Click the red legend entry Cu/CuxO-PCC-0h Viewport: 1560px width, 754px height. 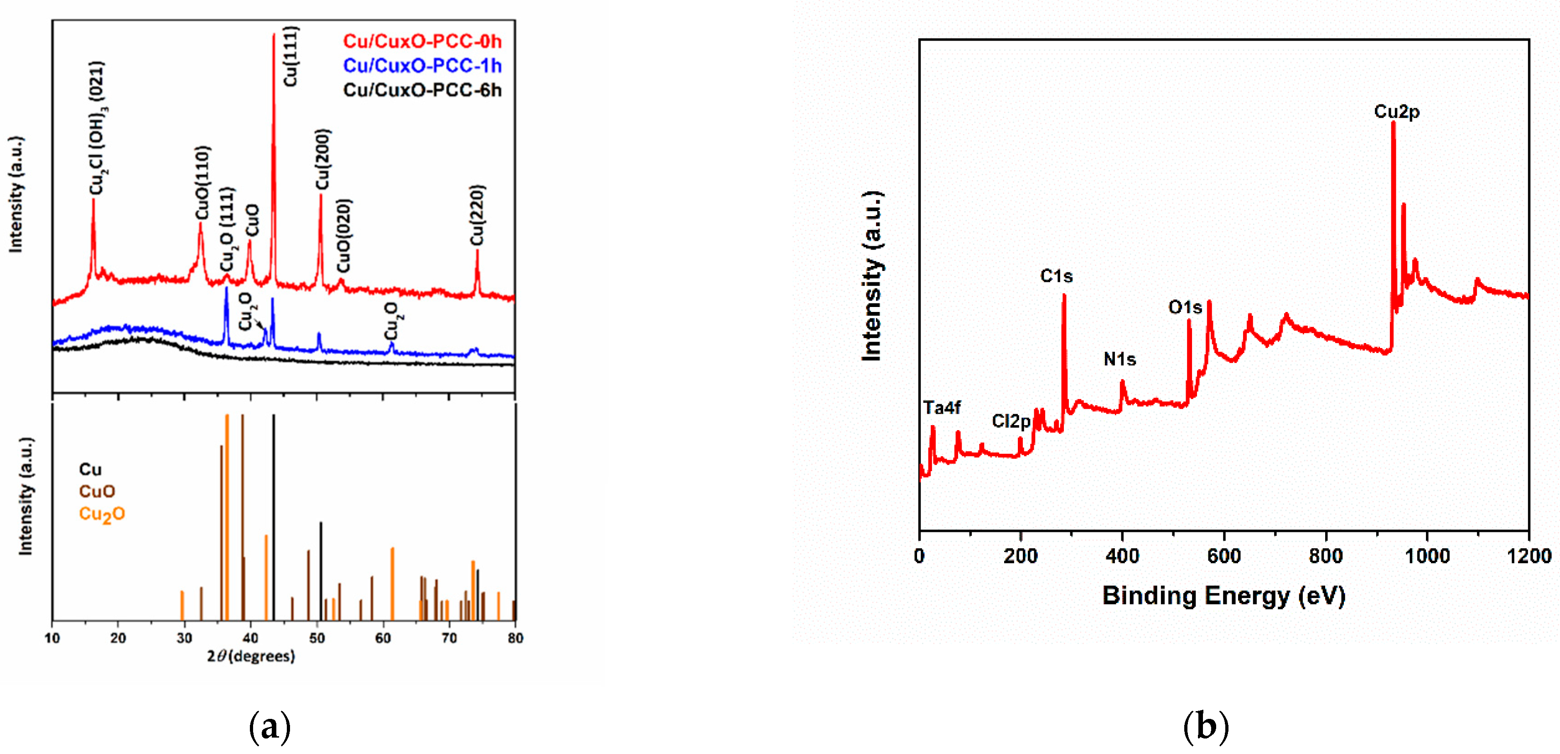422,41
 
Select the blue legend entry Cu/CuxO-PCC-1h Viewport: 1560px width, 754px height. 422,65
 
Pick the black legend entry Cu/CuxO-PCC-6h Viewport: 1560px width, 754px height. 422,90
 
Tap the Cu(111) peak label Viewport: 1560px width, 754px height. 290,56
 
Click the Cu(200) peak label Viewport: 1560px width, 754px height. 323,159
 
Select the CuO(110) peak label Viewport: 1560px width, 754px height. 202,182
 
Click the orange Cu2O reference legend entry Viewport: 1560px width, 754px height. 102,514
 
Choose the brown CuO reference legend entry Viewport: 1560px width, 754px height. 97,491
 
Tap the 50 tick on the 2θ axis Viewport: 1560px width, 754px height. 316,638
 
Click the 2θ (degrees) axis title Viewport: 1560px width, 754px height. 251,656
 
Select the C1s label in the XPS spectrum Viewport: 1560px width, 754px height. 1056,276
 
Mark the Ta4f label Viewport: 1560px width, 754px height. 942,408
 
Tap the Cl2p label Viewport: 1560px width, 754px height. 1011,421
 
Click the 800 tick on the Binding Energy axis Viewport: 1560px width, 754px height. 1326,556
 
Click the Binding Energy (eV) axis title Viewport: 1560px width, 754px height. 1223,595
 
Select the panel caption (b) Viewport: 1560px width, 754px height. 1206,726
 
